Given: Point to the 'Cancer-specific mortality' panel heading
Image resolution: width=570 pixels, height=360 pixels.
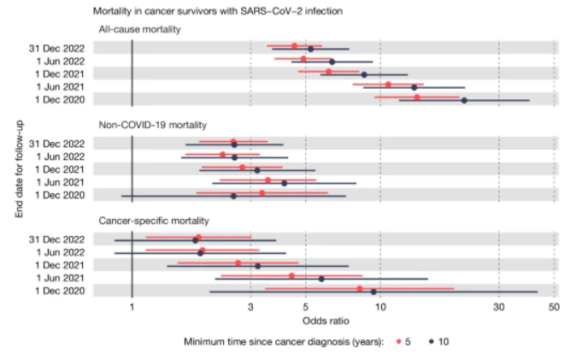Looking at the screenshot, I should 158,221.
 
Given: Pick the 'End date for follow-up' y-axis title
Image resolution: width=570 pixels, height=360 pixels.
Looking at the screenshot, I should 19,168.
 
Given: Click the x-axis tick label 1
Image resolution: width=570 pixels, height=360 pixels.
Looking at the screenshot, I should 132,307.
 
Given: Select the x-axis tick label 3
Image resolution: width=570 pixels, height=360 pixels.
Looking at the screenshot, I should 250,307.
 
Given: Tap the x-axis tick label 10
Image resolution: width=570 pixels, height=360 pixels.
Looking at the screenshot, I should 379,307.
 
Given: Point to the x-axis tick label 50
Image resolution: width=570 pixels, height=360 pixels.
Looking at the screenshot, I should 554,307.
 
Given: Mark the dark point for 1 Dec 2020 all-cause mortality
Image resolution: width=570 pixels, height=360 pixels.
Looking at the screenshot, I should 464,101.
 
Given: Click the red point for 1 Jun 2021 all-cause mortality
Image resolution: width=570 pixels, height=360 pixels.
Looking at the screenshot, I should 388,85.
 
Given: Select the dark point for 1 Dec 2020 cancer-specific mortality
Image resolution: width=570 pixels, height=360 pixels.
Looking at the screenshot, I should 373,292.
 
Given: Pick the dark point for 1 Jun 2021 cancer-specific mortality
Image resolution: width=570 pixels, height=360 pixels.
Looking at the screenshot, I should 321,279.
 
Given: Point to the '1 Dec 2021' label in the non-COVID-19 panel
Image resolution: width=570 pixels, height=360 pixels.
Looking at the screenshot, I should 62,169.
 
